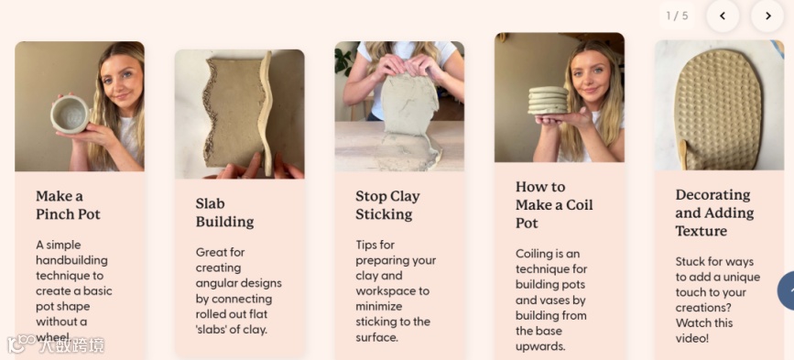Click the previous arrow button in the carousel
[723, 16]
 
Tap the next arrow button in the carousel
[767, 16]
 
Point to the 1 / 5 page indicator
[677, 16]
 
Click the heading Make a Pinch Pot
[68, 205]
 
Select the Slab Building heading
[225, 213]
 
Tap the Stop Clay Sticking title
[387, 205]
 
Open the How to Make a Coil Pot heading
[554, 205]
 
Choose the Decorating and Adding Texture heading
[714, 213]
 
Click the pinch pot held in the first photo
[70, 115]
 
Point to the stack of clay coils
[548, 100]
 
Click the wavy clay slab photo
[240, 114]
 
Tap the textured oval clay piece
[718, 110]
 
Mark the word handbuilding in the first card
[71, 260]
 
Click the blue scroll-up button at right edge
[786, 290]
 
